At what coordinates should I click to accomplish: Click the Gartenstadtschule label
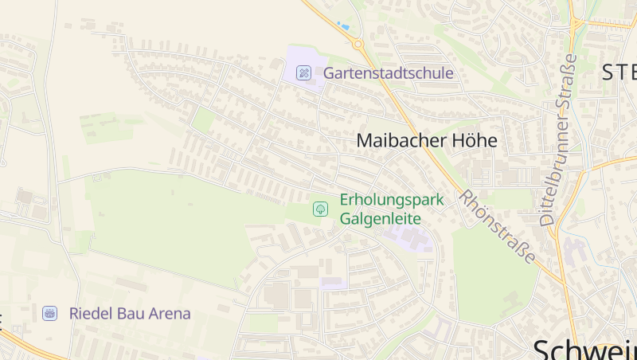[388, 73]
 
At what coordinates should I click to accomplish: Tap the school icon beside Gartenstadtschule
[303, 73]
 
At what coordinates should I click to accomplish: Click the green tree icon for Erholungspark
[320, 209]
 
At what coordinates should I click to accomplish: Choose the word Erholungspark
[392, 199]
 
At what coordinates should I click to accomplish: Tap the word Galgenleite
[381, 217]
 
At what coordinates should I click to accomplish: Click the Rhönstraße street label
[496, 225]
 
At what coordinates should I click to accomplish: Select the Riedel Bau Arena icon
[50, 313]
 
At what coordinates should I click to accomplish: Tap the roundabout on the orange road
[358, 44]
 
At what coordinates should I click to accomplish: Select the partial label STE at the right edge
[619, 72]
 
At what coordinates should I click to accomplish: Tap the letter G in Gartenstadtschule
[329, 73]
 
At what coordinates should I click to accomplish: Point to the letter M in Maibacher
[365, 141]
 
